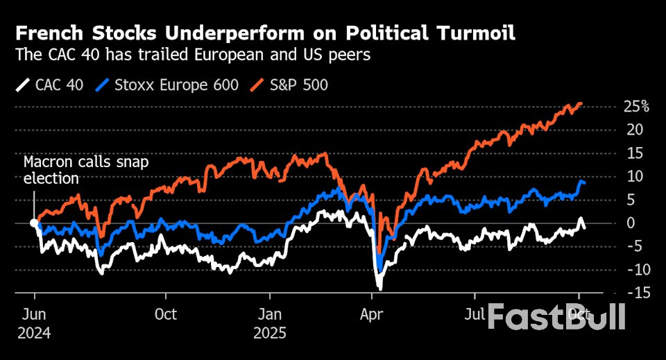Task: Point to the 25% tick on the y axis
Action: pos(635,106)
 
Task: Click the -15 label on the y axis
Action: pos(637,293)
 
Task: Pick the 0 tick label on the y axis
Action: pos(630,223)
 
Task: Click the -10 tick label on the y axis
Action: pos(637,269)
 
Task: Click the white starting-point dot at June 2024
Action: pos(34,223)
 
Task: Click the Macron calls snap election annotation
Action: pos(86,170)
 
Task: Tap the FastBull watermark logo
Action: pos(556,317)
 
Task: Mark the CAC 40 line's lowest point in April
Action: pos(379,287)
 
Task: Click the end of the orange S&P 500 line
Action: pos(581,104)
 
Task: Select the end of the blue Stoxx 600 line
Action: pos(585,182)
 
